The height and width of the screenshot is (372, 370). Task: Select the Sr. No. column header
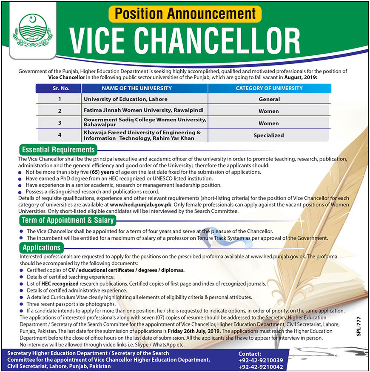click(x=59, y=89)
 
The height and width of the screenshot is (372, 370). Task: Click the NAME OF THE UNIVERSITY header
click(x=144, y=89)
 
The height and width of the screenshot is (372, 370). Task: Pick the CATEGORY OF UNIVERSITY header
click(x=269, y=89)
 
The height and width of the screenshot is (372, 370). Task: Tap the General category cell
click(x=269, y=99)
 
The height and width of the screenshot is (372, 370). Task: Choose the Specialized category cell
click(x=269, y=135)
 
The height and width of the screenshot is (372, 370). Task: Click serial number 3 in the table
click(x=60, y=123)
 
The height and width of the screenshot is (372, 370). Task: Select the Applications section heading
click(x=42, y=247)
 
